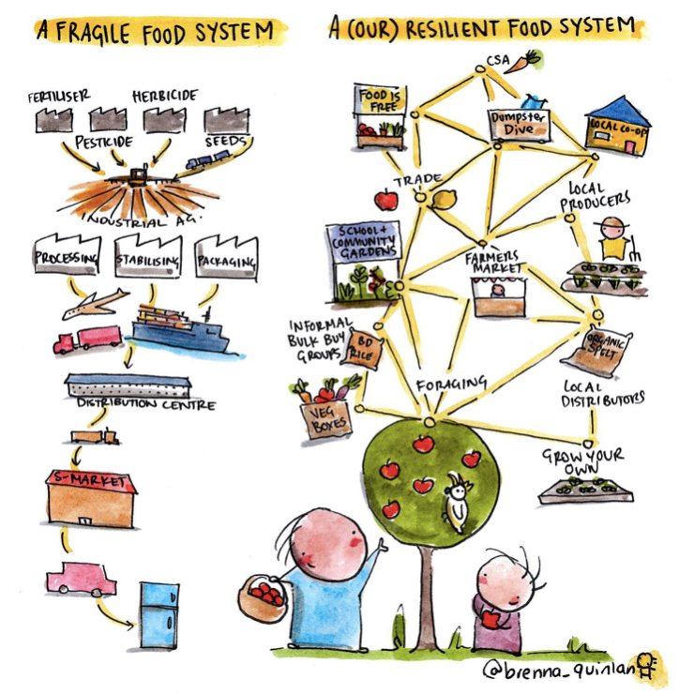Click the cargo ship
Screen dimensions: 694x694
(182, 328)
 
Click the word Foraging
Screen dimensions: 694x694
(452, 384)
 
